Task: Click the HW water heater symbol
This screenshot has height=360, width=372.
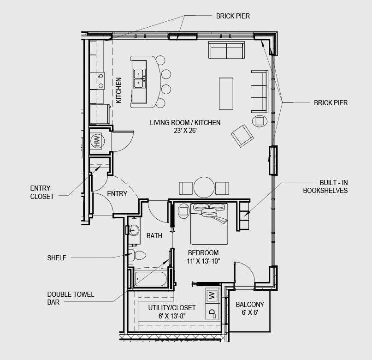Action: pyautogui.click(x=97, y=141)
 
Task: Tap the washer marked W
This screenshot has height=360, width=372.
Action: pyautogui.click(x=212, y=295)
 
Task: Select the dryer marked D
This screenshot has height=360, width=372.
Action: pyautogui.click(x=213, y=312)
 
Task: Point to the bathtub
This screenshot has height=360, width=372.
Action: pyautogui.click(x=151, y=279)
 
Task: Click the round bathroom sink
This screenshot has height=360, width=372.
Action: pyautogui.click(x=134, y=230)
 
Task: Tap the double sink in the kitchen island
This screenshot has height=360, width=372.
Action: pyautogui.click(x=138, y=78)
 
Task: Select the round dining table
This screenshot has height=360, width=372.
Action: pyautogui.click(x=204, y=187)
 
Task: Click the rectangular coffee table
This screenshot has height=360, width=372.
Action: pyautogui.click(x=226, y=94)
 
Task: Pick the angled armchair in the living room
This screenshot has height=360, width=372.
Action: pyautogui.click(x=242, y=136)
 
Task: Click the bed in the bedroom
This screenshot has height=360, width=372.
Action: pyautogui.click(x=209, y=223)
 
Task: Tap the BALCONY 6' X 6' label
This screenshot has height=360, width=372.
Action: pyautogui.click(x=250, y=308)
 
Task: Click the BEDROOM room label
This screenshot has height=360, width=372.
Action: pyautogui.click(x=203, y=252)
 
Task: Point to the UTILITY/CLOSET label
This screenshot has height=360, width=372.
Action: pyautogui.click(x=172, y=308)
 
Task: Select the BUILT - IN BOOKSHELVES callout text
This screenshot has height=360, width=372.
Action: pyautogui.click(x=325, y=186)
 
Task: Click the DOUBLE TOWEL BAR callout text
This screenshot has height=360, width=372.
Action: pyautogui.click(x=71, y=298)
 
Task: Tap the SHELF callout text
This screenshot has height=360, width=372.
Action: pyautogui.click(x=57, y=258)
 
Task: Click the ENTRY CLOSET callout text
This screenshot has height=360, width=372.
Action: pyautogui.click(x=42, y=192)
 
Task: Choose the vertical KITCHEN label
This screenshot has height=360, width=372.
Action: pyautogui.click(x=118, y=90)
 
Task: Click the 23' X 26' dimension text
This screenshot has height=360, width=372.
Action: pyautogui.click(x=185, y=131)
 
